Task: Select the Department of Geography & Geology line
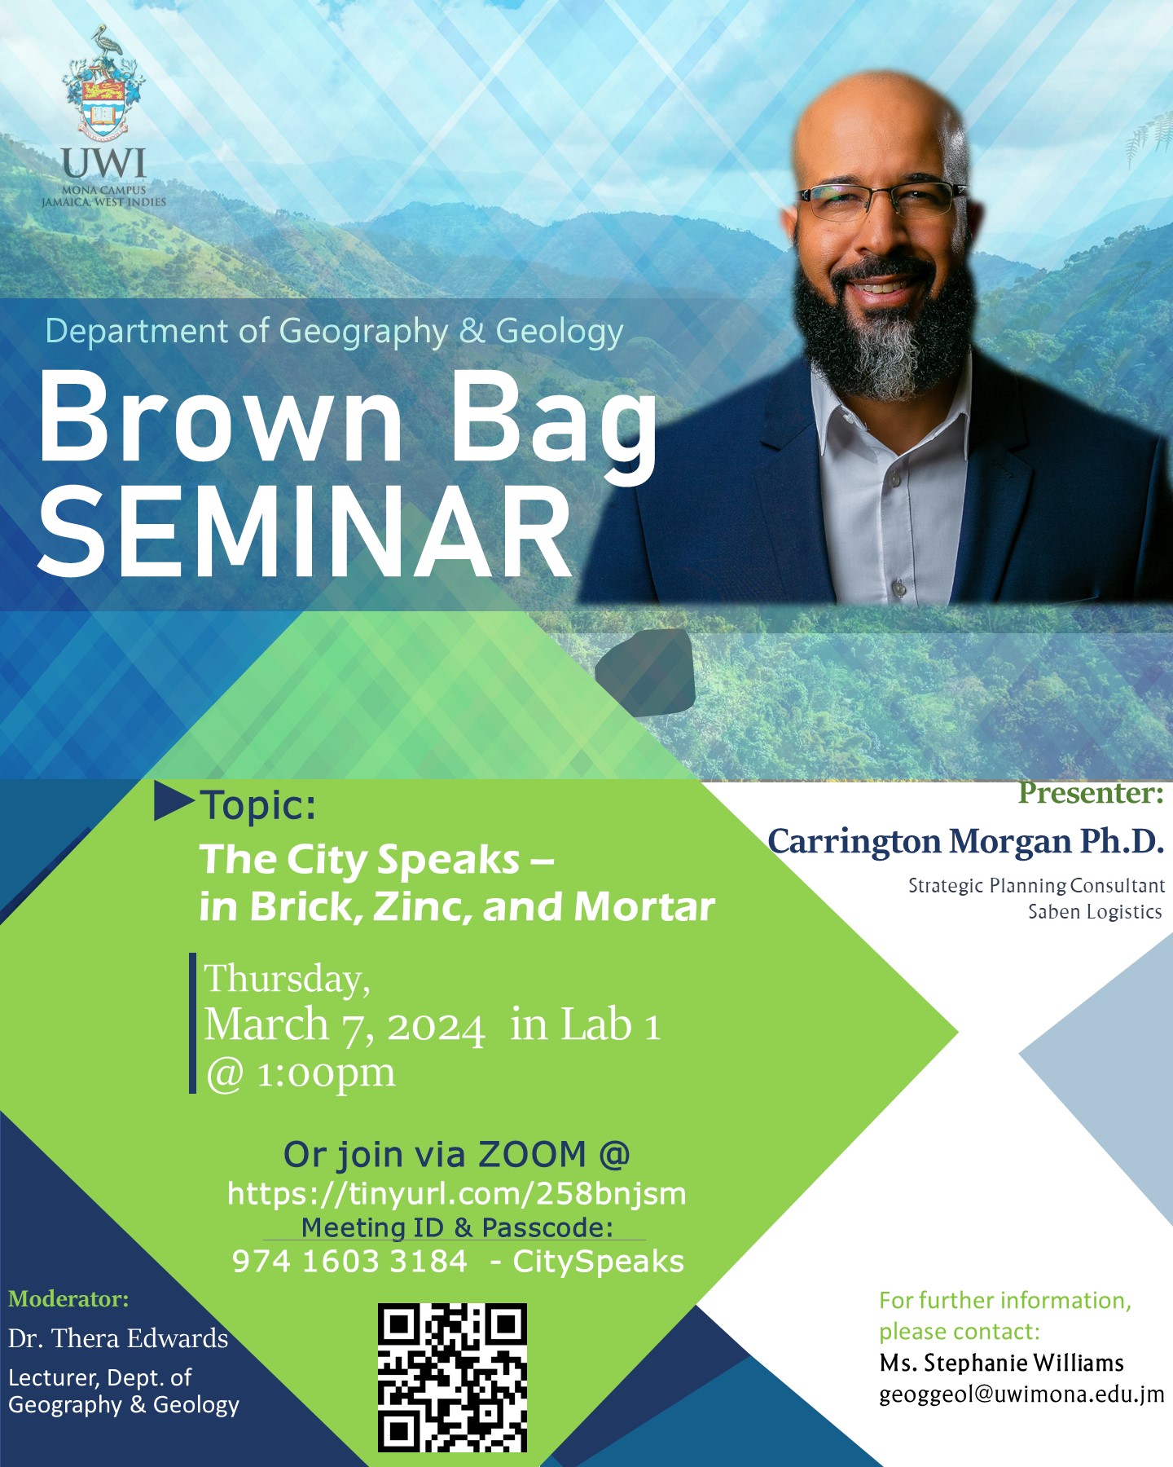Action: [x=334, y=332]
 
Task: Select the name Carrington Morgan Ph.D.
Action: [x=966, y=842]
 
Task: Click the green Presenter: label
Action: [x=1091, y=793]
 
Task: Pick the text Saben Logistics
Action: [x=1095, y=912]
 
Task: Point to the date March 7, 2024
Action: [x=345, y=1025]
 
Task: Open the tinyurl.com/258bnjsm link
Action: [x=457, y=1193]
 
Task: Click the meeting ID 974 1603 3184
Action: [x=350, y=1262]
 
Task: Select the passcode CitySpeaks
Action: [x=599, y=1262]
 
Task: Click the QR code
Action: [x=452, y=1377]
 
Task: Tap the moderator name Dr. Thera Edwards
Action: [x=118, y=1338]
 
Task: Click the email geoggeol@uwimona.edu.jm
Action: [x=1021, y=1394]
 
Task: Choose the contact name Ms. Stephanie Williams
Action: [x=1002, y=1363]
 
